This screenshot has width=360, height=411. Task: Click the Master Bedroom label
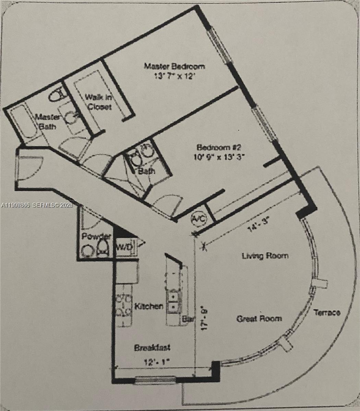pyautogui.click(x=174, y=66)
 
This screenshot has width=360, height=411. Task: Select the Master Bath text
pyautogui.click(x=48, y=122)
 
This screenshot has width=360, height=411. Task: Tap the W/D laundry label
pyautogui.click(x=124, y=246)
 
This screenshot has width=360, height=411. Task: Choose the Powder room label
pyautogui.click(x=96, y=237)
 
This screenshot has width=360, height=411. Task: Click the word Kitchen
pyautogui.click(x=148, y=306)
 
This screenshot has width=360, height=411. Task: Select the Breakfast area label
pyautogui.click(x=152, y=348)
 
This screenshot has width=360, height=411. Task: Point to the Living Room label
pyautogui.click(x=265, y=256)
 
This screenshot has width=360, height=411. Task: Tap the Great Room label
pyautogui.click(x=259, y=319)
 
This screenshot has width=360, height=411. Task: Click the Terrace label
pyautogui.click(x=327, y=312)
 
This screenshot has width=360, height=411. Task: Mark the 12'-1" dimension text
pyautogui.click(x=156, y=361)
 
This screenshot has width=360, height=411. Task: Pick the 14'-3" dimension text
pyautogui.click(x=258, y=227)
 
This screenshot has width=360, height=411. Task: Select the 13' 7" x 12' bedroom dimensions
pyautogui.click(x=174, y=76)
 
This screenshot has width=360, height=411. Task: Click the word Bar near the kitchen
pyautogui.click(x=188, y=319)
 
